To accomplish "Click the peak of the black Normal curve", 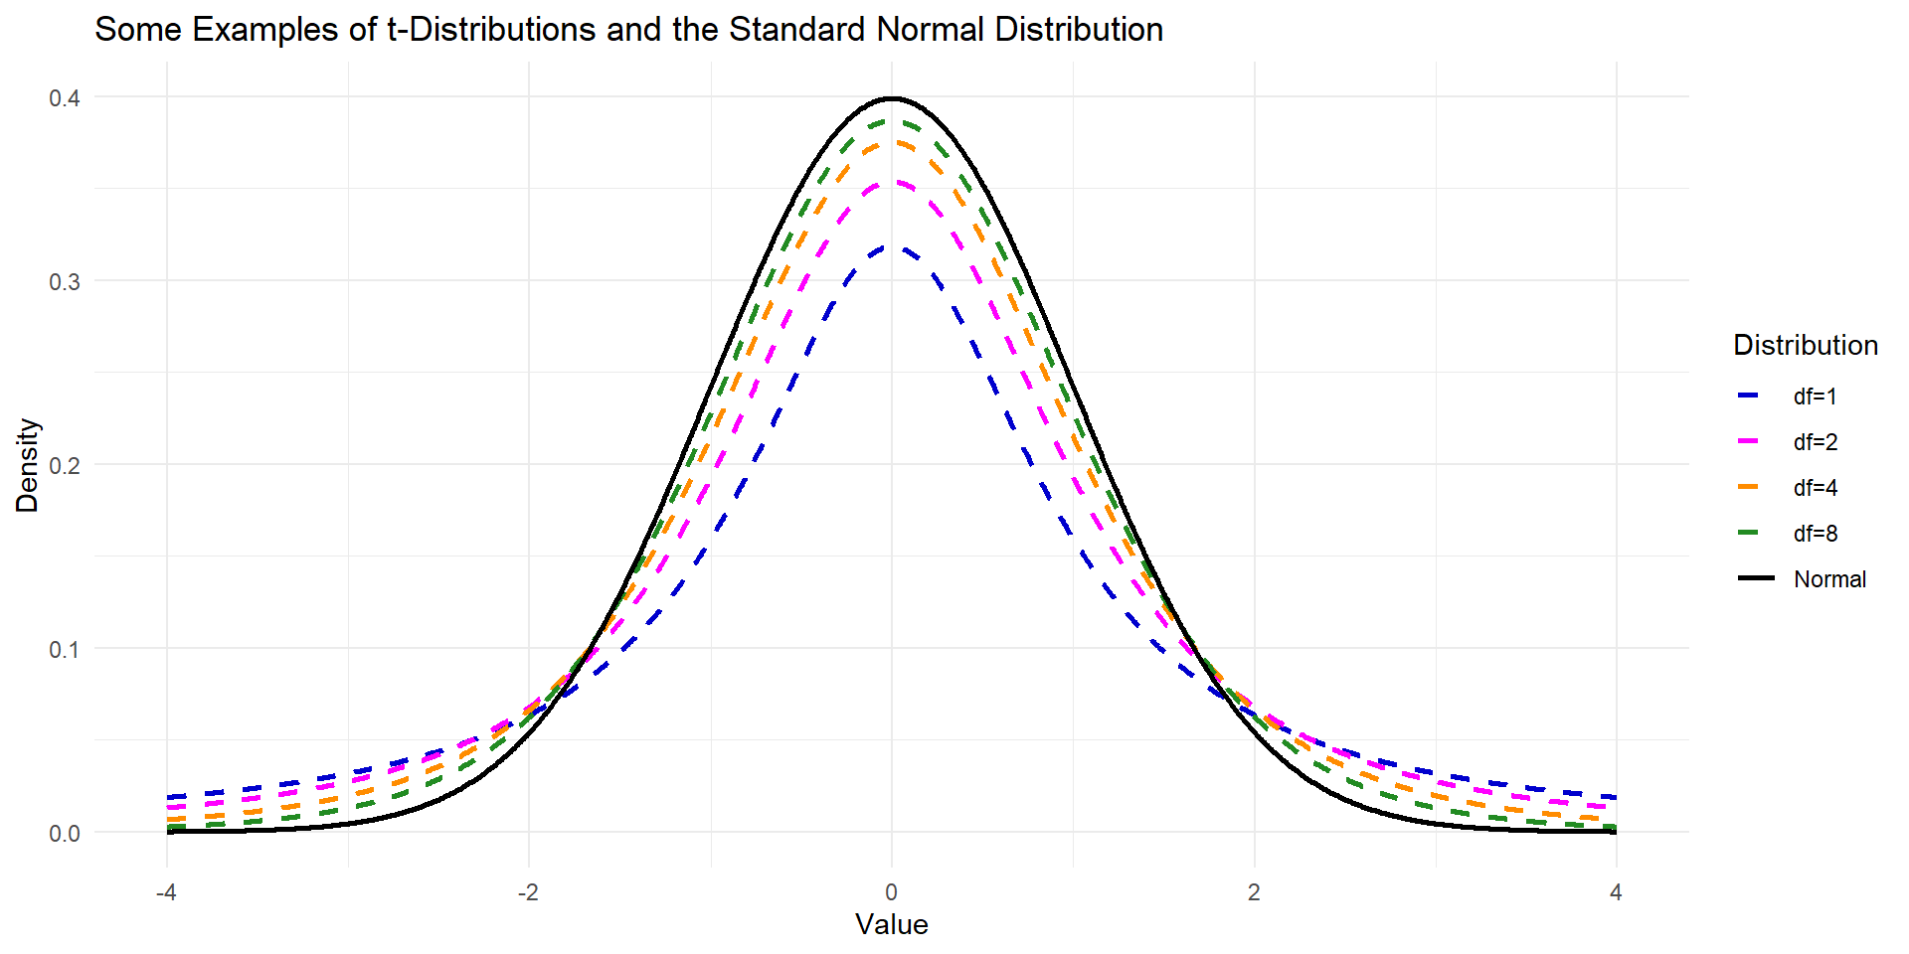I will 892,98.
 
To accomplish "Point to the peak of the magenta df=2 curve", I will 892,183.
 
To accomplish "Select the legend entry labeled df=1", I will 1815,397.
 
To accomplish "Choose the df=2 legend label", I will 1815,442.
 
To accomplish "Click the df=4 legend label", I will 1815,488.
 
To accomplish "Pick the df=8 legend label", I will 1815,534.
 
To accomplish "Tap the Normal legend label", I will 1829,579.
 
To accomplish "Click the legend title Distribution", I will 1805,345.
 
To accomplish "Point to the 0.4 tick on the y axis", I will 65,97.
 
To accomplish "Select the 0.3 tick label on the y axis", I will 65,281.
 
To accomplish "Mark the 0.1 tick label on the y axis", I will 65,649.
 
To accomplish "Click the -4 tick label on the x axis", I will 166,892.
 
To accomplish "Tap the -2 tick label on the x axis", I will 528,892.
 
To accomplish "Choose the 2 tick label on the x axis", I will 1254,892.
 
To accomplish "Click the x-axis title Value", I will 892,924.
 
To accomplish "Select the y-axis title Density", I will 27,465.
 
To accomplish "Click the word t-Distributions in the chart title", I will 491,30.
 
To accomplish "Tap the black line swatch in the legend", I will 1757,578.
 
